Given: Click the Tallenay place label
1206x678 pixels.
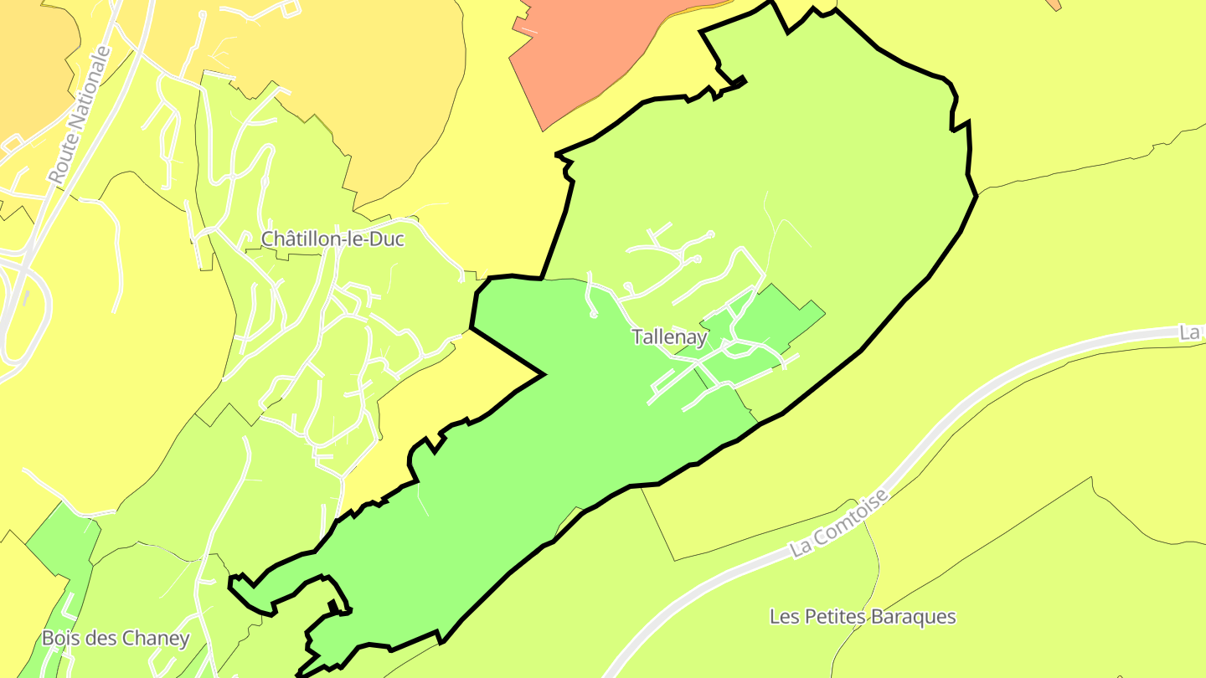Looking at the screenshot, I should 669,337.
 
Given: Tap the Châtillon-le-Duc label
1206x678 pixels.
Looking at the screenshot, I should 332,239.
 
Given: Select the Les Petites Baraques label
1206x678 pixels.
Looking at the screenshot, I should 863,617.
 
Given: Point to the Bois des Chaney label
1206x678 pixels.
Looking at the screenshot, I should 116,638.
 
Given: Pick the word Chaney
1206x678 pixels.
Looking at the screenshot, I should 156,638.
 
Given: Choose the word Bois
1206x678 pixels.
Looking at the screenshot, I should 60,638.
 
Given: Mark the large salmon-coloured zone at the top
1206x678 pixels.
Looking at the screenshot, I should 586,50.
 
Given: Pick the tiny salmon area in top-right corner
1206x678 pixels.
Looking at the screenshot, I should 1054,4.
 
